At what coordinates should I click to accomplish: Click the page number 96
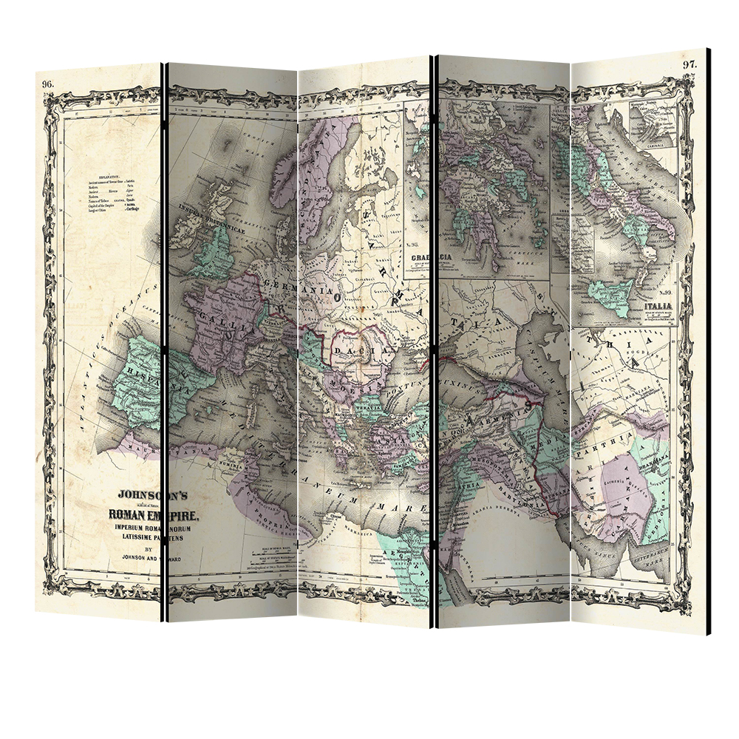point(48,83)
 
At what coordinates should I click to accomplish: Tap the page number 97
point(689,64)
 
